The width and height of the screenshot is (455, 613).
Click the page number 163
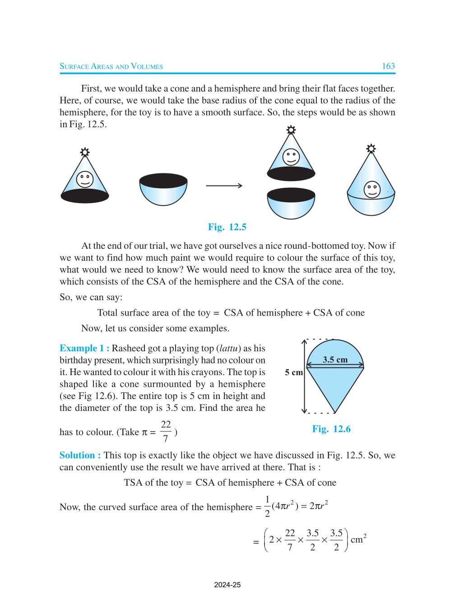(x=388, y=66)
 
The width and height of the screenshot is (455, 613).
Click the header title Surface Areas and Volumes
(x=111, y=66)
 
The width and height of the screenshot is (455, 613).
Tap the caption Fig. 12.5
(x=227, y=227)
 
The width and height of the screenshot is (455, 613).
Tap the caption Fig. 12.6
(x=331, y=429)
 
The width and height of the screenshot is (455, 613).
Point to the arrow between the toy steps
(x=224, y=186)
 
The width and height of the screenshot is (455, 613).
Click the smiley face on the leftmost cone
(x=85, y=179)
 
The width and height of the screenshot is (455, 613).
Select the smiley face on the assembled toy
(x=372, y=189)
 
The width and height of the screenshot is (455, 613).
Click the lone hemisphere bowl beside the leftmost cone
(x=163, y=190)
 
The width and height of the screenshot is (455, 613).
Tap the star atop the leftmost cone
(x=85, y=152)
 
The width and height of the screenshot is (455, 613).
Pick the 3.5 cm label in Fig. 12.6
(x=335, y=360)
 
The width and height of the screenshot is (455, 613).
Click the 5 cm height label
(x=293, y=372)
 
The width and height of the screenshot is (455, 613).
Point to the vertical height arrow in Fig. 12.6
(x=304, y=376)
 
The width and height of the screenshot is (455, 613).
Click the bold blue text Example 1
(x=84, y=348)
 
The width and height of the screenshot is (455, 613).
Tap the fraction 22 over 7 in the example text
(x=166, y=432)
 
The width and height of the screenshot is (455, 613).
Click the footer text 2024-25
(x=227, y=585)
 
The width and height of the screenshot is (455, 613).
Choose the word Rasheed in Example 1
(x=129, y=348)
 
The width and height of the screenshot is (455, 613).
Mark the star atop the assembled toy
(x=371, y=149)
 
